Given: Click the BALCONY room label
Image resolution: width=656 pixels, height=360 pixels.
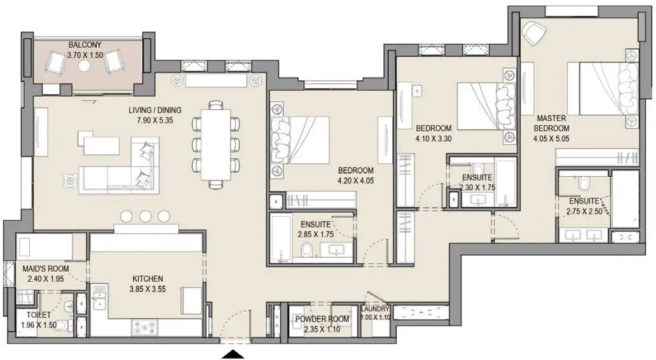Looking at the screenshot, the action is pos(85,45).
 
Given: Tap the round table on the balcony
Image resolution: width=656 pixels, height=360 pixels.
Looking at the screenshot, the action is pos(85,66).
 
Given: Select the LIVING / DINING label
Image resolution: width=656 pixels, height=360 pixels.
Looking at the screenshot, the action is pos(155,110).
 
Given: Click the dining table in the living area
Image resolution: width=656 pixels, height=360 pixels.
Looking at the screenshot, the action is pos(216,144).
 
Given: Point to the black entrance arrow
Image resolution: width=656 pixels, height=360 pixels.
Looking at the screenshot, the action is pos(233,354).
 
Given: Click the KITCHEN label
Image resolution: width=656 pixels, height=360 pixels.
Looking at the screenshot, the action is pos(147,279).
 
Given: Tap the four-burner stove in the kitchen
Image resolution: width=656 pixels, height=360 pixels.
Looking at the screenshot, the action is pos(145,328).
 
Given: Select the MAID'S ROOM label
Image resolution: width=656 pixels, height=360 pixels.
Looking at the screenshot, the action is pos(46,269).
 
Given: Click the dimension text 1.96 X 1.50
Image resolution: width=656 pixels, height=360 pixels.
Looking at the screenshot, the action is pos(39,325).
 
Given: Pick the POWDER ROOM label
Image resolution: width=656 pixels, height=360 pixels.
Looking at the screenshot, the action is pos(322,319).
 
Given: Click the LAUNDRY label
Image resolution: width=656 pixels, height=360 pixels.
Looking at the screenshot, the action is pos(376,309).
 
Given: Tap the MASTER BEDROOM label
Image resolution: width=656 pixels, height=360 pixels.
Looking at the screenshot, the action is pos(551,123).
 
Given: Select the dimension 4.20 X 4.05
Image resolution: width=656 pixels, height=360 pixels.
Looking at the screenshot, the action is pos(355,181).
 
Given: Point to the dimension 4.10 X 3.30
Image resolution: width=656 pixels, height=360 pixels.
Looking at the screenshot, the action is pos(434,139).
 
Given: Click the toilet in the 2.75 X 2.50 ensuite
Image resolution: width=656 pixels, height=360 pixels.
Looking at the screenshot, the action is pos(583,183).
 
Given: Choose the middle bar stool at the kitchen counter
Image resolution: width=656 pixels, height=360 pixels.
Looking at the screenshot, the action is pos(145,216).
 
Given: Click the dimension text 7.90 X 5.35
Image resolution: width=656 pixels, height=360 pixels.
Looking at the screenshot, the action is pos(155,121).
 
